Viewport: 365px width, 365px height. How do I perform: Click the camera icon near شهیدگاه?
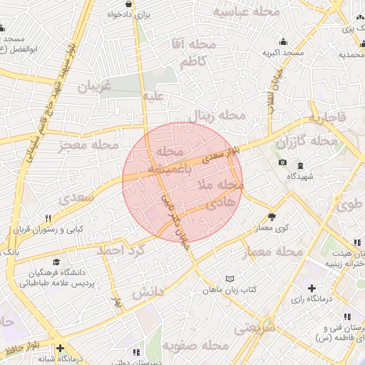click(283, 163)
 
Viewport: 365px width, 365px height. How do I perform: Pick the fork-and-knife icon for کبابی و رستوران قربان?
click(48, 217)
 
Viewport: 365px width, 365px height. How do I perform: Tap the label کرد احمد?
click(122, 251)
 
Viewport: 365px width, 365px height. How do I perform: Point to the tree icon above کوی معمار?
click(272, 216)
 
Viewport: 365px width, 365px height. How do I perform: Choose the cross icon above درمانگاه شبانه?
click(61, 348)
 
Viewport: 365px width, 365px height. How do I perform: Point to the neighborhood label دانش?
click(149, 292)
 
